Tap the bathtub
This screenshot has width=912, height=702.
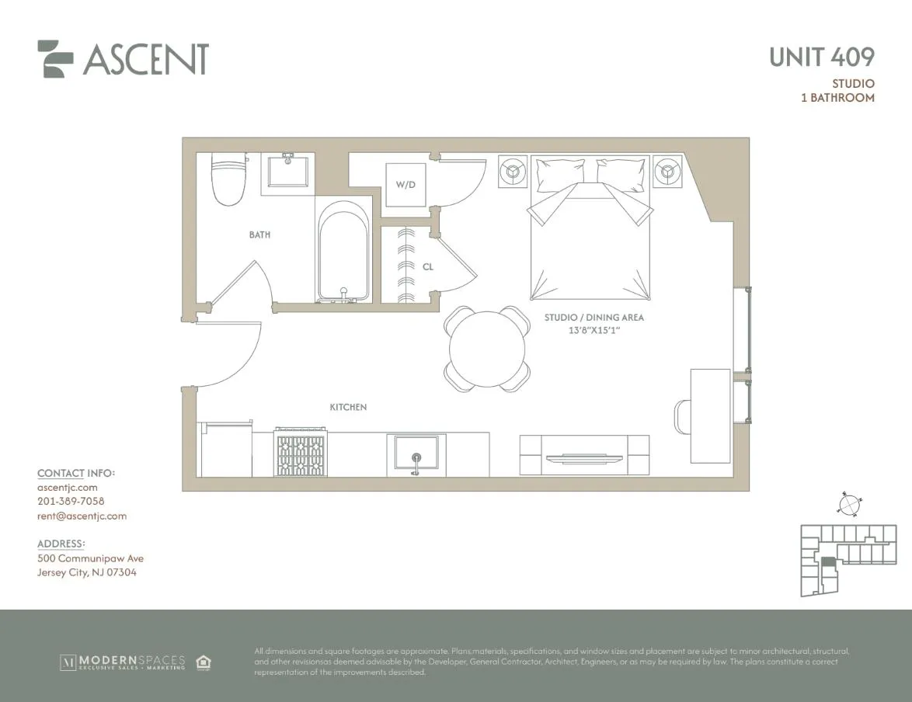coord(343,251)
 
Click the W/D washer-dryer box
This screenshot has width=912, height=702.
coord(406,185)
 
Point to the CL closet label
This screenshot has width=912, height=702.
coord(428,266)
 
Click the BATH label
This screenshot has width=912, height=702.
coord(259,235)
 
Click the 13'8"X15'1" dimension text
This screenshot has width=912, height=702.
coord(594,331)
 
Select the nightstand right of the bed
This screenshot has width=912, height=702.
coord(667,172)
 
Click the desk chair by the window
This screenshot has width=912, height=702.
coord(682,418)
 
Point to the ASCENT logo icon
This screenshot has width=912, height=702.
coord(55,59)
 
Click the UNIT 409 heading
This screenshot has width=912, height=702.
coord(822,57)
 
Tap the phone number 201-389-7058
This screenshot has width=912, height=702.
coord(70,502)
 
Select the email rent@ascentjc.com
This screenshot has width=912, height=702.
coord(82,516)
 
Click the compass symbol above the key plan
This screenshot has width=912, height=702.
coord(849,505)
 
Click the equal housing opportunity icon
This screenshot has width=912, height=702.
coord(204,662)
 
